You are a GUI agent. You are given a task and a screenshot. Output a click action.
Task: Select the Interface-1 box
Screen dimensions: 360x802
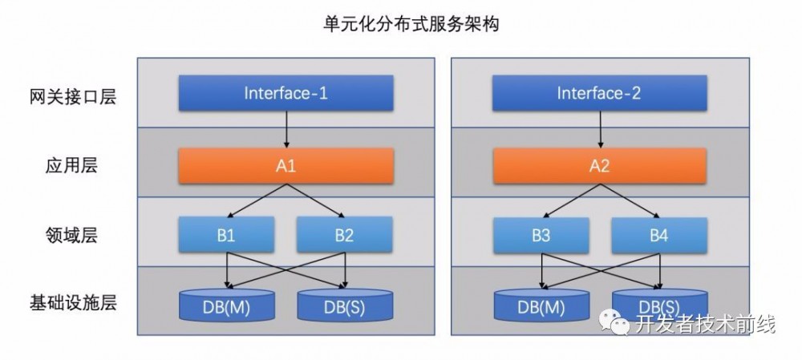tap(286, 93)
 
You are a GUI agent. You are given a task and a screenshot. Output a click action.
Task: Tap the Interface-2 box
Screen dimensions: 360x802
tap(599, 93)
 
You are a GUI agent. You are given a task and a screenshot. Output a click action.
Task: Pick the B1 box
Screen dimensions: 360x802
tap(226, 236)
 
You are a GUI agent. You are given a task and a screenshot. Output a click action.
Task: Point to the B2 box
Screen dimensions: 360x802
tap(345, 236)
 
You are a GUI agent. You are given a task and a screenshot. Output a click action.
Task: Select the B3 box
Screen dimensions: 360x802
tap(541, 236)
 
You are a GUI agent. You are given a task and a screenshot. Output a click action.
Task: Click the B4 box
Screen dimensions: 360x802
tap(659, 236)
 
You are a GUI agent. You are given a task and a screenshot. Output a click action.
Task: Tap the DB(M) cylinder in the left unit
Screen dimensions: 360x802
tap(226, 305)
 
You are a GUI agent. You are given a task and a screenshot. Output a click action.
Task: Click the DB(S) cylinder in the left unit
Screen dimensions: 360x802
tap(345, 305)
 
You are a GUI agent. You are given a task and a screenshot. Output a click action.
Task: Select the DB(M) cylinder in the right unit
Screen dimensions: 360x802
tap(541, 305)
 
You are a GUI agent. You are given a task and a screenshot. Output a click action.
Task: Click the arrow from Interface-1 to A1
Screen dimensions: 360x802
tap(286, 129)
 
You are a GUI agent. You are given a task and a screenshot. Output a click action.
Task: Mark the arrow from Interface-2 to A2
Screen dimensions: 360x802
tap(599, 129)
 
